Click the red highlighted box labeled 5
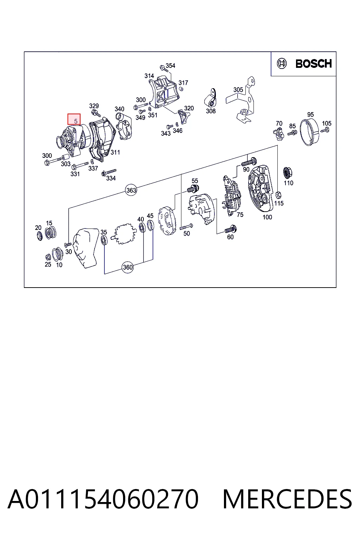74,119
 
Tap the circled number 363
131,190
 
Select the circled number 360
128,267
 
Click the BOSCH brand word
314,64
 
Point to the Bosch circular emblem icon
282,64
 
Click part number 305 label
238,90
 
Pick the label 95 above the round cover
310,115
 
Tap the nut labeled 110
287,173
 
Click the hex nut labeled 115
278,194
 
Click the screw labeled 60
231,229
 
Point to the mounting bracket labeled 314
164,92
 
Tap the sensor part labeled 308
211,98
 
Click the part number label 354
171,66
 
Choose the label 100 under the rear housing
267,217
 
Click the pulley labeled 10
58,254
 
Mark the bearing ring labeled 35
104,240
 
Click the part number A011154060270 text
103,499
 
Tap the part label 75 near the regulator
240,214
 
